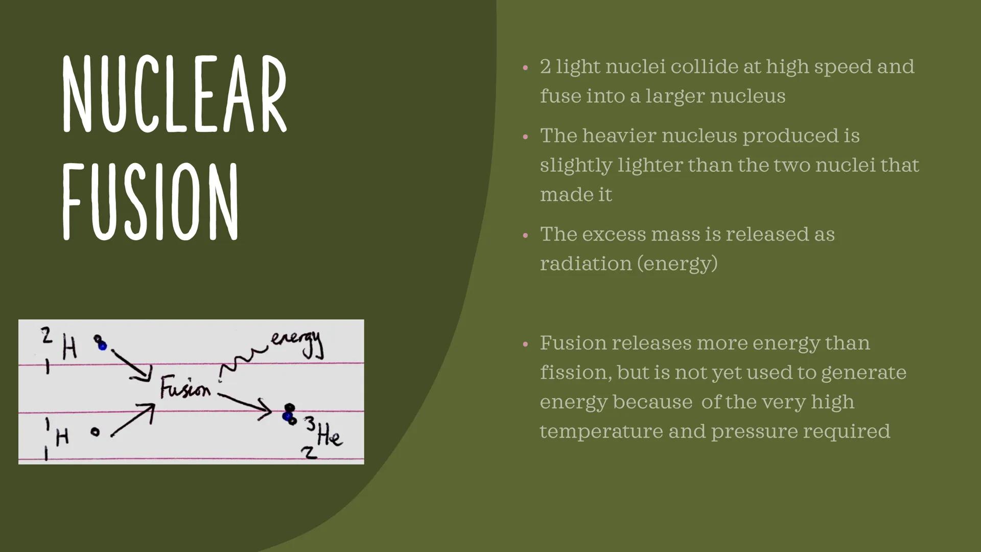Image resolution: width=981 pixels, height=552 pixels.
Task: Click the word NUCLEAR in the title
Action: (x=175, y=94)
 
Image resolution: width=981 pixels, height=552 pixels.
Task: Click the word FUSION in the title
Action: (x=151, y=201)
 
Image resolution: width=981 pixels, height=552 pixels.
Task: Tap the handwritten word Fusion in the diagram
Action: (x=185, y=388)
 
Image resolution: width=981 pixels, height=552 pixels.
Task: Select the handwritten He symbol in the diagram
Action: (x=330, y=437)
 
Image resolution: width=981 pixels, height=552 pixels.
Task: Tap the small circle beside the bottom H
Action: (x=95, y=432)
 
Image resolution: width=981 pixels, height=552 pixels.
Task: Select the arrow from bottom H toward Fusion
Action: (x=133, y=420)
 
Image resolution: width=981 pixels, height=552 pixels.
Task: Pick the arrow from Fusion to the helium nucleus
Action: (x=245, y=404)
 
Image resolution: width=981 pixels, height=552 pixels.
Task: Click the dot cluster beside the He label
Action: (x=289, y=414)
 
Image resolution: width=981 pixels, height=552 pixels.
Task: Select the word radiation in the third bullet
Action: (x=586, y=263)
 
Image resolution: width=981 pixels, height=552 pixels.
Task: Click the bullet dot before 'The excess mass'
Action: (x=525, y=236)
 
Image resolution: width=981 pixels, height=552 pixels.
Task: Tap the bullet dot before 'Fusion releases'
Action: (x=525, y=344)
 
